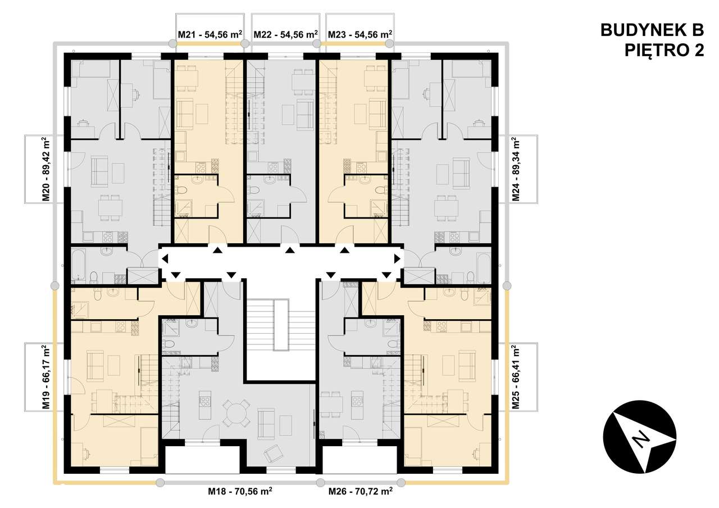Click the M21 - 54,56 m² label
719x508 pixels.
click(210, 34)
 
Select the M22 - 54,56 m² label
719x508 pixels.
click(286, 34)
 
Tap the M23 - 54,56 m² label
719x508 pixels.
click(359, 34)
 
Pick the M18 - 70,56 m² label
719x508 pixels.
click(240, 491)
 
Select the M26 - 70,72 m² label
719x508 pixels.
click(360, 491)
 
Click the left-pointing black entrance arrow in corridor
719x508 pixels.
click(165, 259)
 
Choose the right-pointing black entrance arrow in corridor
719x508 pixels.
click(397, 259)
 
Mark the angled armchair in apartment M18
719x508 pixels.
click(274, 454)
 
